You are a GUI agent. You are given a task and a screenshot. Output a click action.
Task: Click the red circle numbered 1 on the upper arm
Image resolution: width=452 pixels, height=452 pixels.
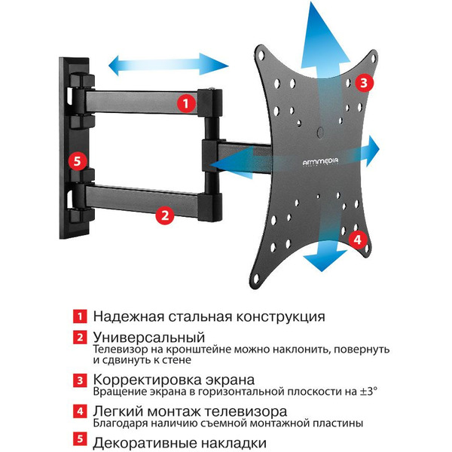tap(183, 102)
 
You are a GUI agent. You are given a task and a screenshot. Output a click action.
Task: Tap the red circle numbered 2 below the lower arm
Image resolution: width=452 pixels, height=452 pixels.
tap(165, 215)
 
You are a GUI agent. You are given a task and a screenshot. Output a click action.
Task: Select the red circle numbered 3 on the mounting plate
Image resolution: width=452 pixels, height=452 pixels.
tap(363, 83)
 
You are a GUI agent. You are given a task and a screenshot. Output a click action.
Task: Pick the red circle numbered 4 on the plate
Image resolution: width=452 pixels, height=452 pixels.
tap(359, 239)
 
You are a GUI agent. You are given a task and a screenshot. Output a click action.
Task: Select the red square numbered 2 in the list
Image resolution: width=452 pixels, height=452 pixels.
tap(78, 337)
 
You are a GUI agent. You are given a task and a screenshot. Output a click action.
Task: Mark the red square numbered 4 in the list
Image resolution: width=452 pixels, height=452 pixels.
tap(78, 412)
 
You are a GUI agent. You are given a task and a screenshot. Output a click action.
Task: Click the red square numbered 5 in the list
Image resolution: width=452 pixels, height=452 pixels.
tap(78, 443)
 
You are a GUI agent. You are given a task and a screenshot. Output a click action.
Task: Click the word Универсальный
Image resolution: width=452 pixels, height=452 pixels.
tap(149, 336)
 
